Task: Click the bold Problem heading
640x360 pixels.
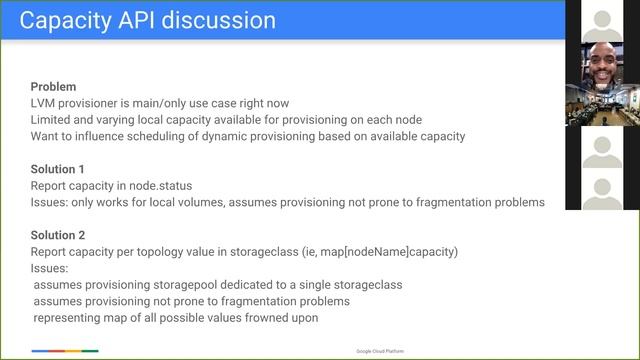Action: tap(53, 87)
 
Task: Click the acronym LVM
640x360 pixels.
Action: tap(44, 103)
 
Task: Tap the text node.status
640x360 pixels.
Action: tap(166, 186)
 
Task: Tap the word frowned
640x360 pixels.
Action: tap(268, 318)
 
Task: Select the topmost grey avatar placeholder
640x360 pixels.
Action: tap(602, 19)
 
